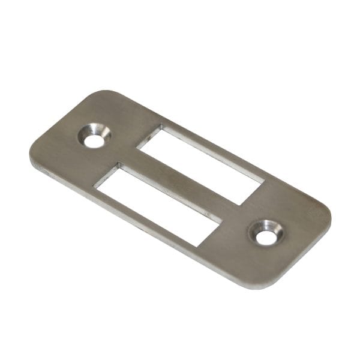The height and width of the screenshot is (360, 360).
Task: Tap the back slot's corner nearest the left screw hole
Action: click(161, 126)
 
